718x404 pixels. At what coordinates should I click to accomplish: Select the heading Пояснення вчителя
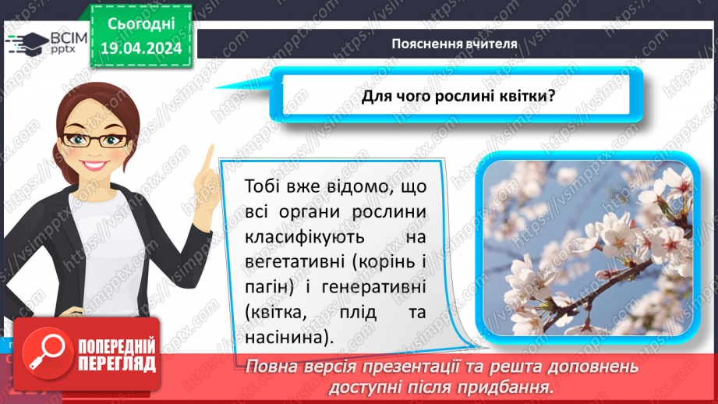point(455,44)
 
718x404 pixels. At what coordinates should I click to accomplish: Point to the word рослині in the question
point(471,97)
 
